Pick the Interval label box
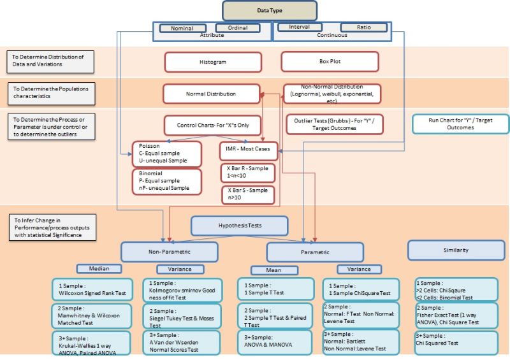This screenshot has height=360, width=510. point(299,27)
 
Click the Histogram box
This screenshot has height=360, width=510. point(213,62)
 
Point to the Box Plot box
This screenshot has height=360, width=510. point(330,62)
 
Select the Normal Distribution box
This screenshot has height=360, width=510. point(211,94)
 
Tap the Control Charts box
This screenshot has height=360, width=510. point(212,125)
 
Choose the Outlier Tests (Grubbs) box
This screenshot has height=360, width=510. point(335,124)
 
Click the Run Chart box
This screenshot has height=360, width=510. point(451,123)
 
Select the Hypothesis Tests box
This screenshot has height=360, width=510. point(239,225)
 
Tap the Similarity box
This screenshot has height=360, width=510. point(451,250)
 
